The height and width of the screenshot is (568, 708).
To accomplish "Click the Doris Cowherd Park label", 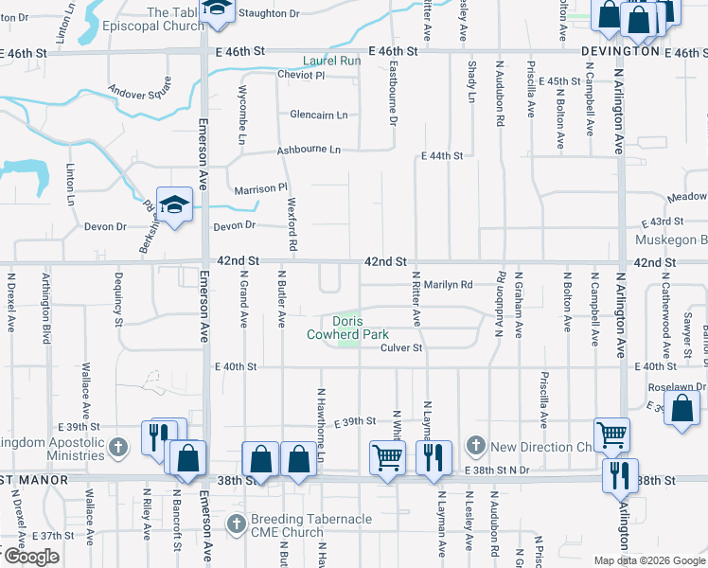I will click(347, 328).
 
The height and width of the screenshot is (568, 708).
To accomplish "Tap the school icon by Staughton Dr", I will click(218, 9).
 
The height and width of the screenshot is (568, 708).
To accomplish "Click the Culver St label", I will click(400, 348).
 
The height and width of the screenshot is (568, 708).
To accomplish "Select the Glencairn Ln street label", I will click(319, 115).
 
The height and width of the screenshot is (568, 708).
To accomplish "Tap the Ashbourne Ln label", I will click(308, 150).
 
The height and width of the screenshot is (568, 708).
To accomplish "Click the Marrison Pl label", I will click(260, 189).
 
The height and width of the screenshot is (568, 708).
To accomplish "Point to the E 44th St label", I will click(442, 155).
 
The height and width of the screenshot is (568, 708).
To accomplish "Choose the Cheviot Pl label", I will click(301, 75).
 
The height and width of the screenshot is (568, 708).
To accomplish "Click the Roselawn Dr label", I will click(677, 388).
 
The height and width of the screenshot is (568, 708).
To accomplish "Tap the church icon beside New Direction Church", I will click(476, 446).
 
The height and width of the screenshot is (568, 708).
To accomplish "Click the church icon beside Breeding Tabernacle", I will click(237, 523).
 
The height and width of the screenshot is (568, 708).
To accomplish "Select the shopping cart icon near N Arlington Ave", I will click(611, 434).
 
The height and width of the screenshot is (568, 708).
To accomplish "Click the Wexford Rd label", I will click(292, 230).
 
